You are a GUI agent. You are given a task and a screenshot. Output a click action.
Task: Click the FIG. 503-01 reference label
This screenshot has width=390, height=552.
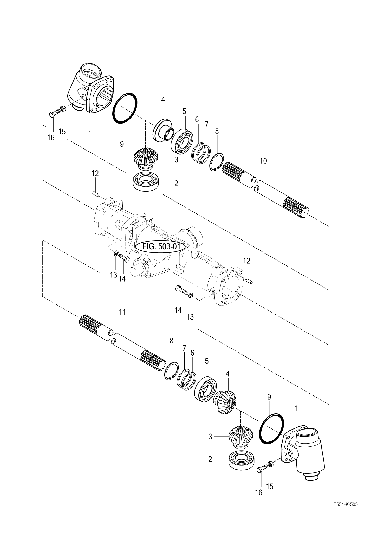click(x=161, y=246)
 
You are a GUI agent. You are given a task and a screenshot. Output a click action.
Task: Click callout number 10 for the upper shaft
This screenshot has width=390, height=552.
click(x=263, y=161)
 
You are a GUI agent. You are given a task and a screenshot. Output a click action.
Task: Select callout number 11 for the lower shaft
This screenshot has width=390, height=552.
click(x=122, y=312)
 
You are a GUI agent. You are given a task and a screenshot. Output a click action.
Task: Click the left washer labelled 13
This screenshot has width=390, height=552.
click(x=116, y=253)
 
